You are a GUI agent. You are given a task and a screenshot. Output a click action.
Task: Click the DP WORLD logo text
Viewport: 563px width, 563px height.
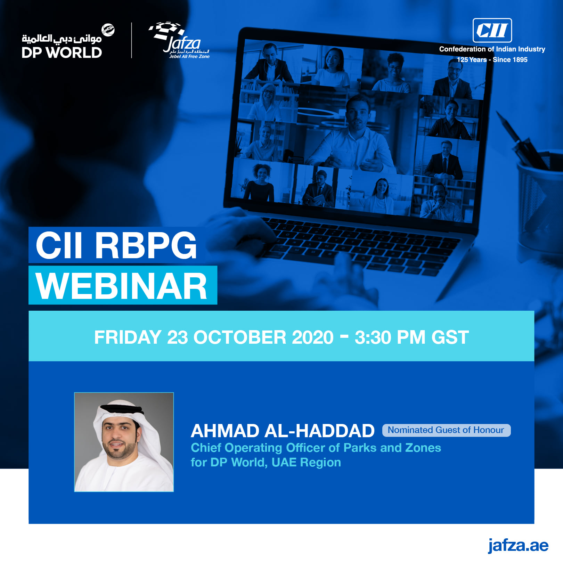62,52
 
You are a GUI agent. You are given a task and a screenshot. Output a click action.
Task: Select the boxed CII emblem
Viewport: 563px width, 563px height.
492,30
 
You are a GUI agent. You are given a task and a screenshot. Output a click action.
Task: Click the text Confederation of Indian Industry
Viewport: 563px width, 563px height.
492,49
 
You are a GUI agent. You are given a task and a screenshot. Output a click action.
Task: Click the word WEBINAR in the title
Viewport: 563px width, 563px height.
122,286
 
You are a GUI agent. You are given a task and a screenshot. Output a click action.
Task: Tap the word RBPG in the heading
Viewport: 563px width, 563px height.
146,245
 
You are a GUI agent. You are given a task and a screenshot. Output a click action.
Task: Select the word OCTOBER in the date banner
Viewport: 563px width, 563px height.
263,337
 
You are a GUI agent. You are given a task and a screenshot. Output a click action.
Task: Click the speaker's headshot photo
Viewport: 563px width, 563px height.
124,442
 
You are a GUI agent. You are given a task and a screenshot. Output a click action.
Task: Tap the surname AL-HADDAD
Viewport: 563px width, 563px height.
319,431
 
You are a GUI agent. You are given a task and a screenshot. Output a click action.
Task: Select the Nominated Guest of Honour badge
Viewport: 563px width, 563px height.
446,430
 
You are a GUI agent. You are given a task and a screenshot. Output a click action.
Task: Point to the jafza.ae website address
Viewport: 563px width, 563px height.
518,546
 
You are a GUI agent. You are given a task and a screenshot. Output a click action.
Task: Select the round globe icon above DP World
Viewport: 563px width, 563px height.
108,30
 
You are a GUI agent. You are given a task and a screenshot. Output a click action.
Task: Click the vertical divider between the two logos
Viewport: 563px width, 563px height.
131,40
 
